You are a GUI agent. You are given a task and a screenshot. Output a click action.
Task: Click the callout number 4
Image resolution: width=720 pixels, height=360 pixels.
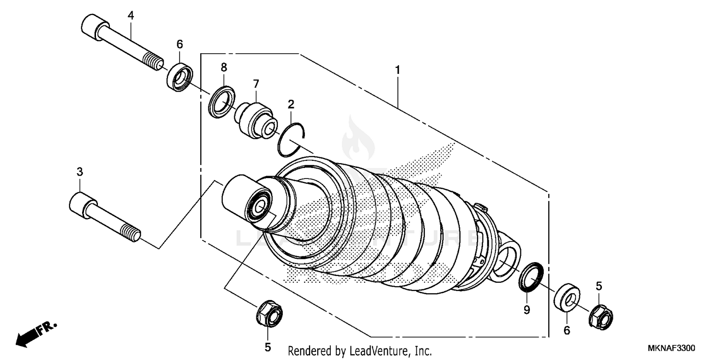point(131,15)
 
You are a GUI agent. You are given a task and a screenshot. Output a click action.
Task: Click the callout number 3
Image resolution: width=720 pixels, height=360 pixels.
point(80,171)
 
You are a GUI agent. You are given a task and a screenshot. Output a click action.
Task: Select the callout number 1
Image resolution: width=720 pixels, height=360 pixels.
point(397,70)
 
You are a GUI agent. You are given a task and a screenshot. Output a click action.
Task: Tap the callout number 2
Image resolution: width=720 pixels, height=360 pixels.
point(291,104)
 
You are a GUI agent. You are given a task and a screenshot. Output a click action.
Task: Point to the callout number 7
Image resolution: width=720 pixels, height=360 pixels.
point(256,84)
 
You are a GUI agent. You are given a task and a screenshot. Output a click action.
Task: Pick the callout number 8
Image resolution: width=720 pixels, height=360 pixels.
point(224,67)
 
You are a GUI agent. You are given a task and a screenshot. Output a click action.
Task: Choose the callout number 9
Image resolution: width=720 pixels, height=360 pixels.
point(527,310)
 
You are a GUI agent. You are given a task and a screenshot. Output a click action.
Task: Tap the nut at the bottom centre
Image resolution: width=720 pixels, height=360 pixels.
point(269,314)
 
